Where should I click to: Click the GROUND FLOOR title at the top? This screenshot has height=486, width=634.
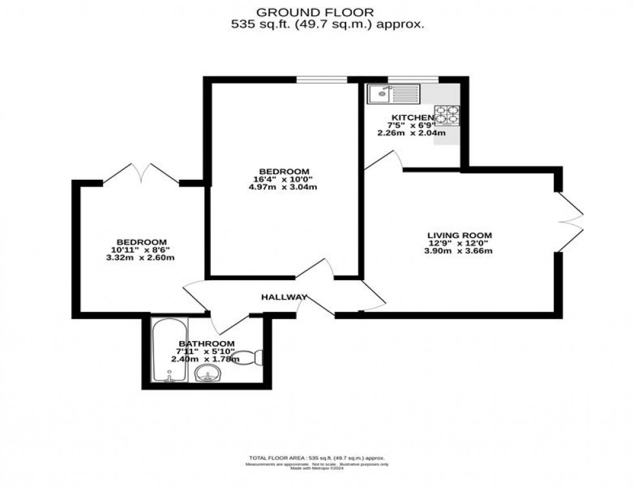315,12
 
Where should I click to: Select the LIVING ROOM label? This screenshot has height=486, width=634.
459,235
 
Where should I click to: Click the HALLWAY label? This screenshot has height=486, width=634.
284,297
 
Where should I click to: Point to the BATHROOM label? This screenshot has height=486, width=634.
206,343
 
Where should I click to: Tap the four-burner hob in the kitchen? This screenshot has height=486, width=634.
446,115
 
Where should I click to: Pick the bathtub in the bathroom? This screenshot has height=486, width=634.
168,351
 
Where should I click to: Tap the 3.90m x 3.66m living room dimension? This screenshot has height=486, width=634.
459,251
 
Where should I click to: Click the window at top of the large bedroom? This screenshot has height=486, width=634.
322,80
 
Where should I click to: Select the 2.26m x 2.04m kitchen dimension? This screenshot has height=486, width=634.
411,133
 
